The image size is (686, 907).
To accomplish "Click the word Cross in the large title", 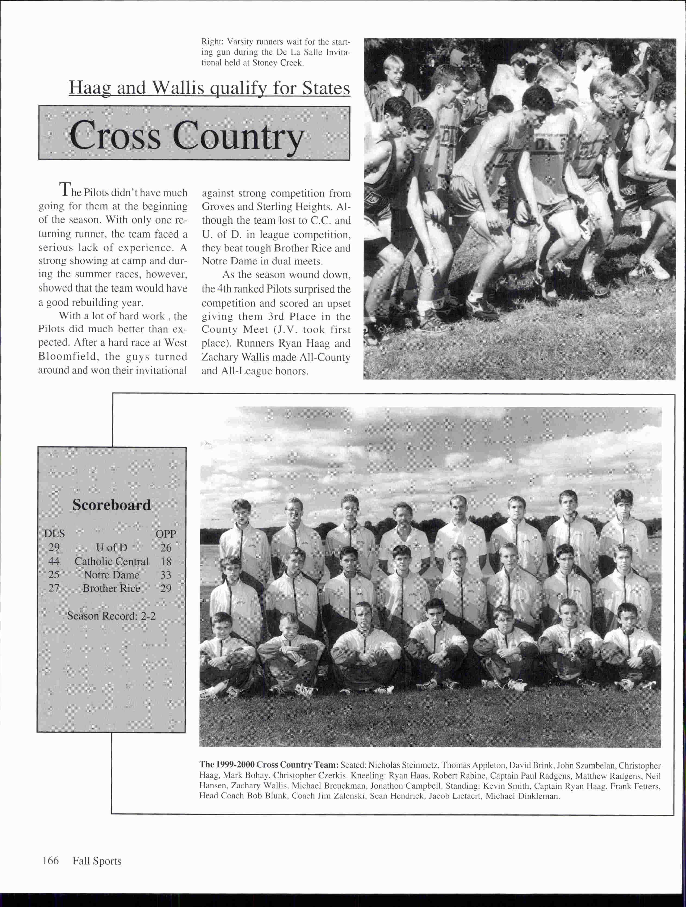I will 115,135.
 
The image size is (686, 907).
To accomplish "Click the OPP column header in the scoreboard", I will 166,534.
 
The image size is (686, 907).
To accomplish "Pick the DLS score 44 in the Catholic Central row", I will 54,561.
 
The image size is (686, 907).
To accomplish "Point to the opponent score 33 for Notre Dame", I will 166,575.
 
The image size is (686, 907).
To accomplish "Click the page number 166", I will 51,860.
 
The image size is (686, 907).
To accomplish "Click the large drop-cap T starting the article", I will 65,189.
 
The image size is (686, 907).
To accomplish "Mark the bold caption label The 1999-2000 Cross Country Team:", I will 269,765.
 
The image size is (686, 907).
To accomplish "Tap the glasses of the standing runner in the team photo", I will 294,510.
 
